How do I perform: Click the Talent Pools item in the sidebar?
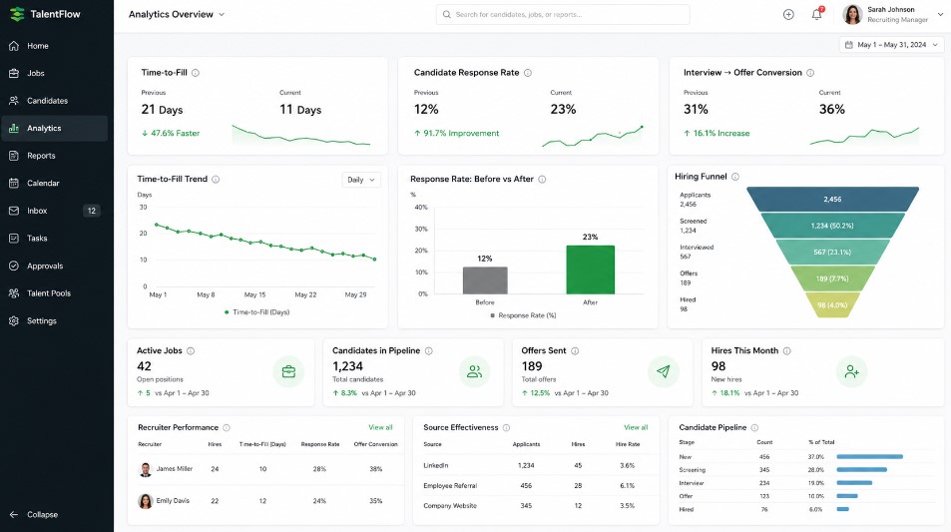click(49, 293)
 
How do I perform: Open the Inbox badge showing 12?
click(92, 211)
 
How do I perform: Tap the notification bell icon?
click(817, 14)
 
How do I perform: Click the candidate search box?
click(562, 15)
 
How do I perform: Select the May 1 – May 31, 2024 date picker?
click(891, 45)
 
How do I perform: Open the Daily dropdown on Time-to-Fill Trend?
click(361, 180)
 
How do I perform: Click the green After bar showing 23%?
click(590, 269)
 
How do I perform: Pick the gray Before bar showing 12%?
click(485, 280)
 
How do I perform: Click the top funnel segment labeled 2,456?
click(832, 199)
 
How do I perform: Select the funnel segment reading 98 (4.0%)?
click(832, 305)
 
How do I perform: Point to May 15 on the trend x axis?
click(254, 294)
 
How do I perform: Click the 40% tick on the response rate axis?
click(421, 208)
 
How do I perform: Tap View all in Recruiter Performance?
click(380, 427)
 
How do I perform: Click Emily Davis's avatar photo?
click(146, 501)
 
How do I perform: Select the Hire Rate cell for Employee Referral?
click(627, 486)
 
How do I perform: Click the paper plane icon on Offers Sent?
click(663, 371)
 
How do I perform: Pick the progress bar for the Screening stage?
click(861, 469)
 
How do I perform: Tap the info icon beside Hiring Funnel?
click(735, 177)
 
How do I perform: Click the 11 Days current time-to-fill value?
click(300, 110)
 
